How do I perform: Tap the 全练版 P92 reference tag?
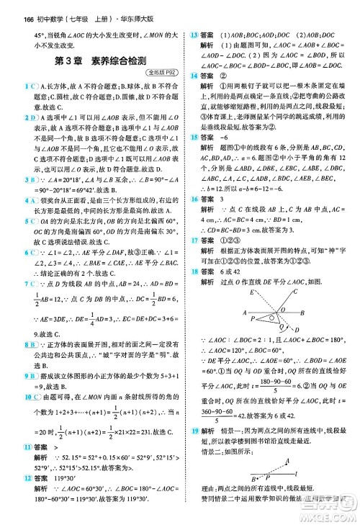(160, 74)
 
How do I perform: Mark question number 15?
(194, 156)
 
